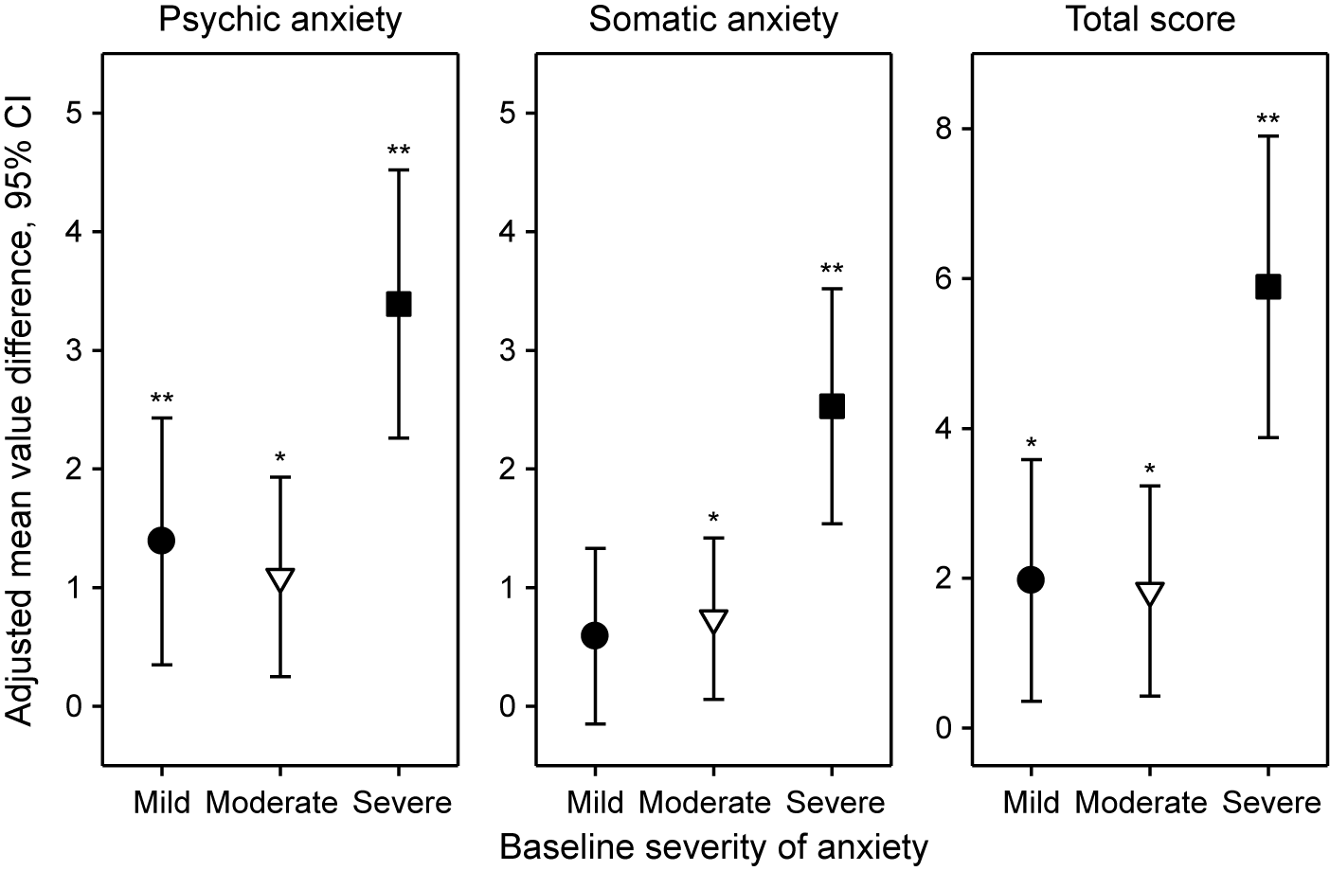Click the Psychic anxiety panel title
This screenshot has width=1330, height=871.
pos(280,19)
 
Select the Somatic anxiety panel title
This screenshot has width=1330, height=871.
pos(713,19)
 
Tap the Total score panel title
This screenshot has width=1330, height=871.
pos(1150,19)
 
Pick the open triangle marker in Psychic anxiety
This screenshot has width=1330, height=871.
pos(280,578)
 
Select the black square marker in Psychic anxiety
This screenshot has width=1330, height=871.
pos(398,304)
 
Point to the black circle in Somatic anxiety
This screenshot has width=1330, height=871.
pos(595,635)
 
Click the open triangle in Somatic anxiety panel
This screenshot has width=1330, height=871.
pos(713,620)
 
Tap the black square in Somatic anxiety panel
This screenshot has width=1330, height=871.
pos(832,406)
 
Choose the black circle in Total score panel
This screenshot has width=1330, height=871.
pos(1031,579)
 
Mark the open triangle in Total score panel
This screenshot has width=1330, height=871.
pos(1149,593)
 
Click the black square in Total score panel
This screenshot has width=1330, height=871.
pos(1267,287)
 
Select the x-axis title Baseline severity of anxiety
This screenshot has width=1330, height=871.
pos(713,846)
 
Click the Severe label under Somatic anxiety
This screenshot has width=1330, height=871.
pos(836,804)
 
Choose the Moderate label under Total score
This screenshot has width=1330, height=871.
pos(1141,804)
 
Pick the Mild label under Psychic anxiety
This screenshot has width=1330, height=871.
pos(162,804)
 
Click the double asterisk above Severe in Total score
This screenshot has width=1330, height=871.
pos(1267,120)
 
